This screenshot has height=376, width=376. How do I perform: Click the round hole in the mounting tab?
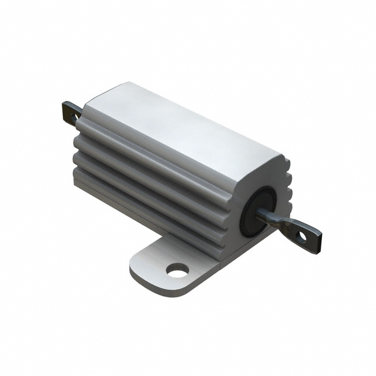tap(177, 270)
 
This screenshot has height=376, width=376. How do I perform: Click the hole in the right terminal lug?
tap(300, 237)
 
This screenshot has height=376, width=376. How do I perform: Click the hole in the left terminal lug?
tap(74, 117)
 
